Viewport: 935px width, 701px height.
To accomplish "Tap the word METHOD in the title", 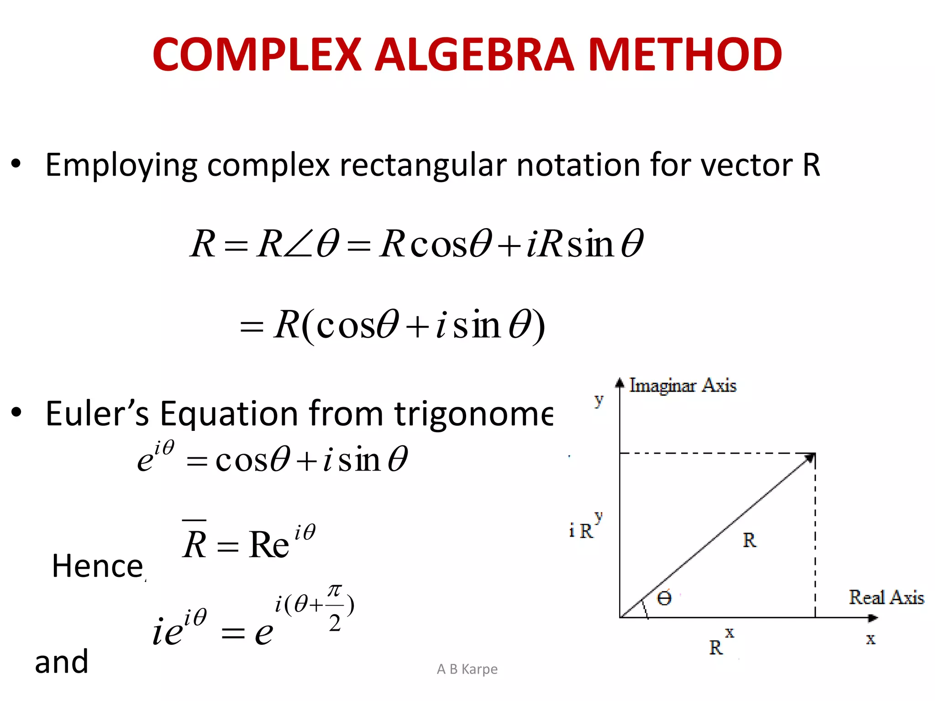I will click(685, 55).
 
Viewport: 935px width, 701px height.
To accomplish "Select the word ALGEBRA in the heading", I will click(474, 55).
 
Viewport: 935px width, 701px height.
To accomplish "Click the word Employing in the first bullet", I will click(121, 165).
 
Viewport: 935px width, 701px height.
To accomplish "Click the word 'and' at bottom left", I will click(62, 662).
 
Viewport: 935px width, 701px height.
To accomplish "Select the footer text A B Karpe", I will click(467, 669).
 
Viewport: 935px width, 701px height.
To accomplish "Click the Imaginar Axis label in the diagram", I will click(683, 386).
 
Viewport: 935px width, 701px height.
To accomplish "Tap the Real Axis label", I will click(886, 597).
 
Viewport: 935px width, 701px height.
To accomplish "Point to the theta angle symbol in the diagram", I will click(664, 598).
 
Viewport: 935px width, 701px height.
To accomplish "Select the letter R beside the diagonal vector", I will click(749, 540).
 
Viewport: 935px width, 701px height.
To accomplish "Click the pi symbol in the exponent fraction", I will click(335, 591).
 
